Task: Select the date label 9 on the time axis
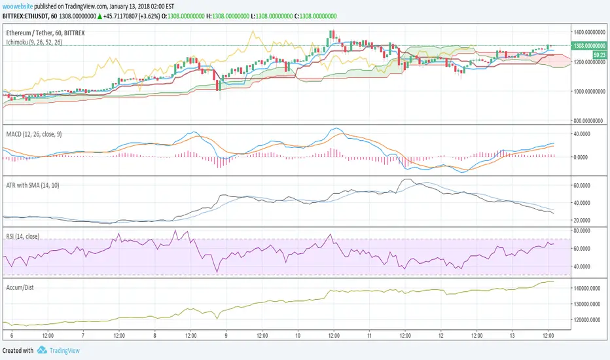[x=225, y=334]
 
